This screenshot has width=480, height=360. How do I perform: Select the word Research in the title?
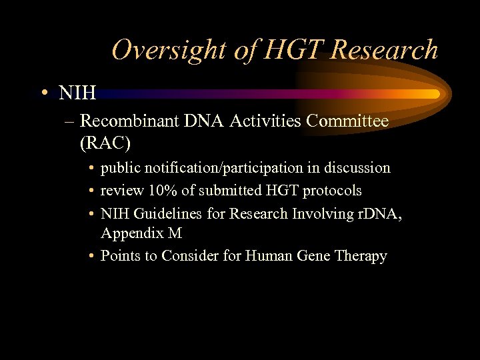pyautogui.click(x=385, y=51)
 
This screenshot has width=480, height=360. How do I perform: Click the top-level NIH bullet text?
pyautogui.click(x=77, y=93)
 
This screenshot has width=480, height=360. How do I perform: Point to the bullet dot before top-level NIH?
pyautogui.click(x=43, y=93)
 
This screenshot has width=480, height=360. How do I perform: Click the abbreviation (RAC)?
pyautogui.click(x=105, y=143)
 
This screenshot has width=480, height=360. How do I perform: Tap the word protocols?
pyautogui.click(x=332, y=191)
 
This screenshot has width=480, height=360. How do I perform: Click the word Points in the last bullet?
pyautogui.click(x=120, y=256)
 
